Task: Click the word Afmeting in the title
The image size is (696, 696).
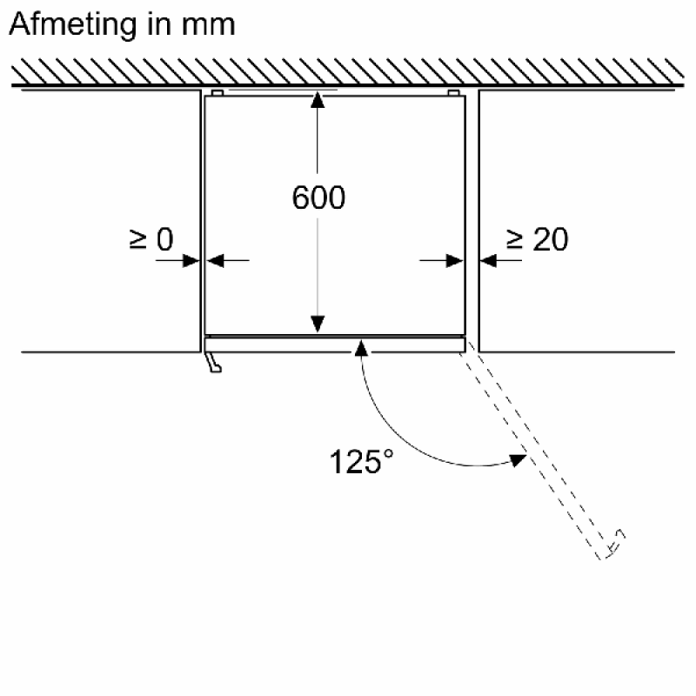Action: tap(73, 25)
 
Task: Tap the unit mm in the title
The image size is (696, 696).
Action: tap(208, 26)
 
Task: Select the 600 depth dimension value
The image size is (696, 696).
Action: tap(318, 197)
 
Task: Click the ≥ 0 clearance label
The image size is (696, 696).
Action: tap(151, 239)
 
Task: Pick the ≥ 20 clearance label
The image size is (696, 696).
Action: tap(537, 239)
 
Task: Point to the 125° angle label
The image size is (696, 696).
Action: tap(361, 462)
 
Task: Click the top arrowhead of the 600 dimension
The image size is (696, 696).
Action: tap(318, 100)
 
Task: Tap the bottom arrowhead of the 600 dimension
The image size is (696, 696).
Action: tap(318, 324)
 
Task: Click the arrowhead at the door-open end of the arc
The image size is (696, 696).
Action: tap(518, 460)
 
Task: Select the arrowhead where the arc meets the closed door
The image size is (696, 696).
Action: tap(361, 349)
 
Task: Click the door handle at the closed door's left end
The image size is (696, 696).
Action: tap(213, 362)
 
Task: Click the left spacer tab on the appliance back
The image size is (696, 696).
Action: tap(217, 93)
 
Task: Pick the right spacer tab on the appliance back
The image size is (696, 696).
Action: tap(453, 93)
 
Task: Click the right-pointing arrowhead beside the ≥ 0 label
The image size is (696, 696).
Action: tap(191, 260)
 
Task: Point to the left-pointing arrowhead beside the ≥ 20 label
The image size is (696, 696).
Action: tap(488, 260)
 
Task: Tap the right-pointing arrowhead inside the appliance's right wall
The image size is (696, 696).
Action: tap(454, 260)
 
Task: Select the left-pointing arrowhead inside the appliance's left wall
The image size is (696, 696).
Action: tap(215, 260)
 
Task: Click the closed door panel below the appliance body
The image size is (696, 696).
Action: tap(335, 345)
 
